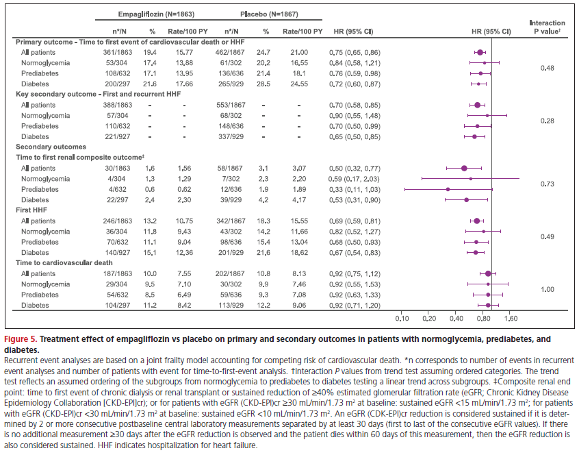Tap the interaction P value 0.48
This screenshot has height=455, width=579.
click(547, 68)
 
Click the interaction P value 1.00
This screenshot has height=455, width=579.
click(547, 290)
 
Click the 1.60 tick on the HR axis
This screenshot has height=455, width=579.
click(510, 319)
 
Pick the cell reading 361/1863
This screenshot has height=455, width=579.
click(125, 51)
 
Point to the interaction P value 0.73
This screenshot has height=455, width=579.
click(547, 184)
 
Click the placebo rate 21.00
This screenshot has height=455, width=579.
click(298, 51)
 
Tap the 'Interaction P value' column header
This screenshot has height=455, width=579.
click(547, 27)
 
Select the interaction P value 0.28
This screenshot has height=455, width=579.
click(547, 121)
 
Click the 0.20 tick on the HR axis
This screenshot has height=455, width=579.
click(428, 319)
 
